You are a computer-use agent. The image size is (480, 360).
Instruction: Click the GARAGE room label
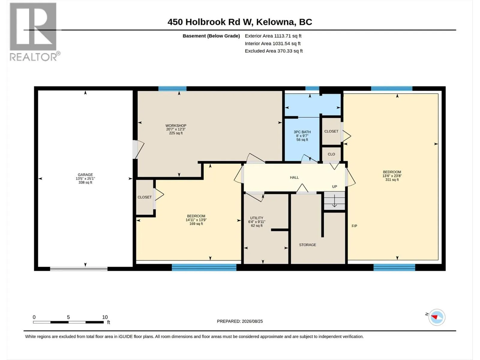pyautogui.click(x=85, y=175)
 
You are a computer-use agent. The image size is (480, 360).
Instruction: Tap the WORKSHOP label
pyautogui.click(x=176, y=125)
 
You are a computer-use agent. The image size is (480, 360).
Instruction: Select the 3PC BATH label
pyautogui.click(x=302, y=132)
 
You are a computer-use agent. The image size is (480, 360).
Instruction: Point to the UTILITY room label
pyautogui.click(x=257, y=218)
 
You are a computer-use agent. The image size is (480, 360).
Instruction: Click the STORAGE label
pyautogui.click(x=307, y=245)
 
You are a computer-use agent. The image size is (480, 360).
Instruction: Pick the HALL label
pyautogui.click(x=294, y=178)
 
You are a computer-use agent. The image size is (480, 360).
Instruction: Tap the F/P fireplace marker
pyautogui.click(x=355, y=226)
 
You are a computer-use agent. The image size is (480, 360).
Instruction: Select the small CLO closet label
pyautogui.click(x=331, y=154)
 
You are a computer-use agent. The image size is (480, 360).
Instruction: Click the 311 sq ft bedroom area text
pyautogui.click(x=392, y=180)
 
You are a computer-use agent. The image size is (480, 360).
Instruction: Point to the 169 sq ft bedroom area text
pyautogui.click(x=196, y=224)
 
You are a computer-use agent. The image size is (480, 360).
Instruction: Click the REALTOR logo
pyautogui.click(x=34, y=32)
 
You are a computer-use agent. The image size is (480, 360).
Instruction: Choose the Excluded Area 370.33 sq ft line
pyautogui.click(x=274, y=51)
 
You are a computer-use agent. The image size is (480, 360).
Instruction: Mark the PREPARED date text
pyautogui.click(x=240, y=321)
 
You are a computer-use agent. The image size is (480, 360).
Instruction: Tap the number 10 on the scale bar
pyautogui.click(x=105, y=317)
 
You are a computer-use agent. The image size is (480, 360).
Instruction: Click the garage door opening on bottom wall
pyautogui.click(x=79, y=269)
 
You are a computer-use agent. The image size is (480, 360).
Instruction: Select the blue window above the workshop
pyautogui.click(x=172, y=88)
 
